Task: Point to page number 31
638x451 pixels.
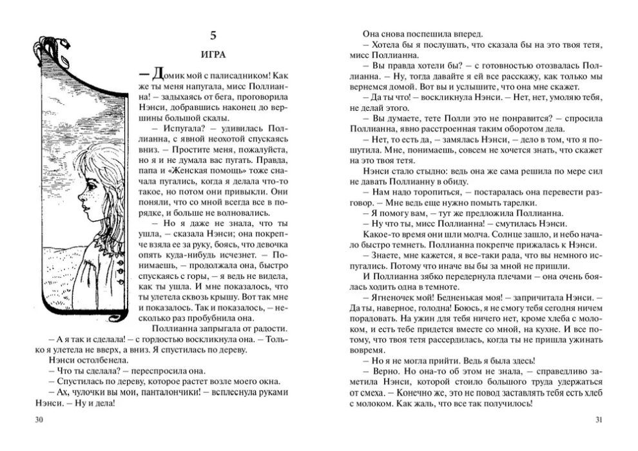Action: coord(599,421)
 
